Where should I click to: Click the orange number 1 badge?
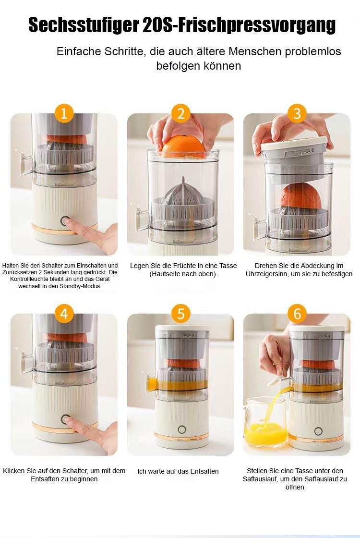click(x=64, y=113)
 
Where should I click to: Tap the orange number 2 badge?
click(x=180, y=113)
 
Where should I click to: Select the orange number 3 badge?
click(x=297, y=113)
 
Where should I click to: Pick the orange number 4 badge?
click(x=64, y=314)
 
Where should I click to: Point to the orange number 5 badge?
click(x=180, y=314)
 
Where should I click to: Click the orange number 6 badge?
click(x=297, y=314)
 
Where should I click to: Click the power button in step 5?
click(x=182, y=429)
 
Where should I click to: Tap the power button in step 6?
click(x=318, y=431)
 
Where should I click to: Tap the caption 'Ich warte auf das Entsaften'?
click(x=178, y=471)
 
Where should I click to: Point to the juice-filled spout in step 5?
click(x=151, y=384)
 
